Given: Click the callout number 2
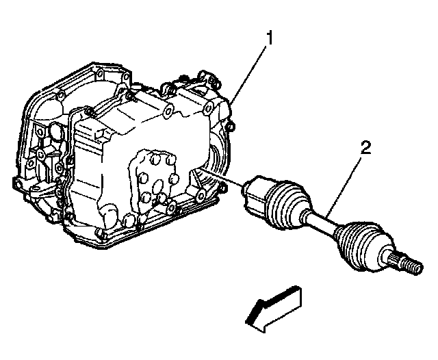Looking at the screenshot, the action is (x=366, y=147).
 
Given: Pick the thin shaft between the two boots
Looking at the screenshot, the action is (x=321, y=222).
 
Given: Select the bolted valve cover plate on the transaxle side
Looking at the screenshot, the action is (x=153, y=181).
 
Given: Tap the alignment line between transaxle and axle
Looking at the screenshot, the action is (x=222, y=177).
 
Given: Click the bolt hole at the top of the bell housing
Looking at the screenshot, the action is (x=99, y=75).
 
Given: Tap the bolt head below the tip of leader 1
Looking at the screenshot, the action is (x=231, y=127).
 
